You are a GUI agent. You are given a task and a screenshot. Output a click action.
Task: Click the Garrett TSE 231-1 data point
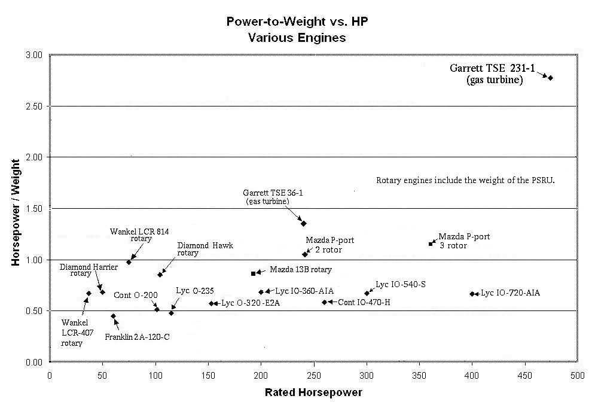[x=550, y=78]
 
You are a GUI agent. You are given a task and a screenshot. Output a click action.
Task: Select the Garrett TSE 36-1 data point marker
[x=304, y=224]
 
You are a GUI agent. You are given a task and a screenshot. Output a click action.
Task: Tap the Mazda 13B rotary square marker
[x=254, y=273]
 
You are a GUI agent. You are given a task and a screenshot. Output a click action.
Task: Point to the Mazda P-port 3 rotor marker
[x=431, y=243]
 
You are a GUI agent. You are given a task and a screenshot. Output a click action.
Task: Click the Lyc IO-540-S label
[x=400, y=284]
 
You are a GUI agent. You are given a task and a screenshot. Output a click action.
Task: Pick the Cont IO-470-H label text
[x=364, y=302]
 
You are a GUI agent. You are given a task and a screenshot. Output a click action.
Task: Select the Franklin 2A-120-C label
[x=137, y=337]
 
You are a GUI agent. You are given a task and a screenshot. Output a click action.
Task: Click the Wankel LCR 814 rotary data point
[x=129, y=262]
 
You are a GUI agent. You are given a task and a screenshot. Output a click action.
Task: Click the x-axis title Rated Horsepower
[x=313, y=392]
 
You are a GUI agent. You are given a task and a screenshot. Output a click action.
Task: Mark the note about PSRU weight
[x=466, y=180]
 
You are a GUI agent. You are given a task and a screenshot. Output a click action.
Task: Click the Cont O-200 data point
[x=157, y=309]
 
